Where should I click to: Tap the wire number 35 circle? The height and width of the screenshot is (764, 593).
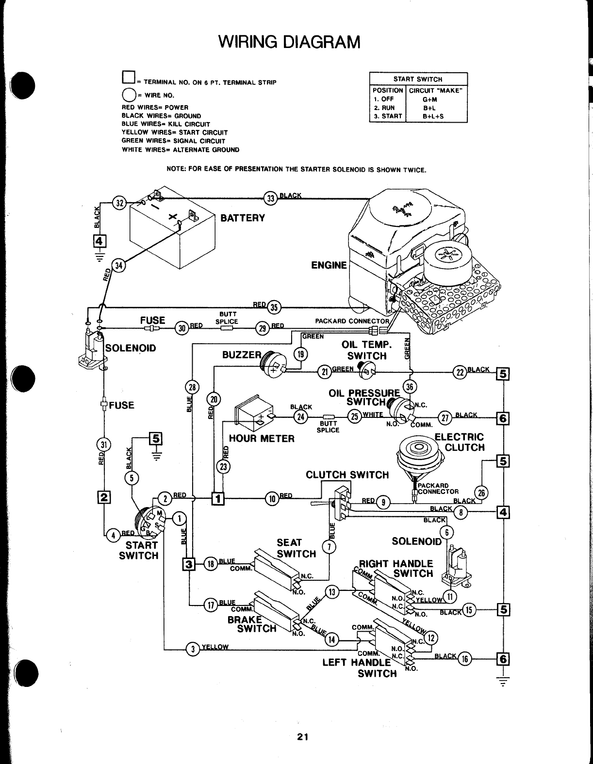pyautogui.click(x=274, y=306)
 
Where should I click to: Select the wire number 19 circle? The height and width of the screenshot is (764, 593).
pyautogui.click(x=301, y=354)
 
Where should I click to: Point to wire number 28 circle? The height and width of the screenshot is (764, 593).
pyautogui.click(x=192, y=387)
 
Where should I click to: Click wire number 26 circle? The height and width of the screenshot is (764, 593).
pyautogui.click(x=481, y=492)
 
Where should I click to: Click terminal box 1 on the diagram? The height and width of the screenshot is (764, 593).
pyautogui.click(x=218, y=498)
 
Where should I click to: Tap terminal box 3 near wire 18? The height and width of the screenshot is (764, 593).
pyautogui.click(x=188, y=564)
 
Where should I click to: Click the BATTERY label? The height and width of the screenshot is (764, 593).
pyautogui.click(x=243, y=218)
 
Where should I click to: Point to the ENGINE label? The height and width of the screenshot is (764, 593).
pyautogui.click(x=329, y=265)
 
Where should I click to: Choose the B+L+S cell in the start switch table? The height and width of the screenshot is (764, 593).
pyautogui.click(x=433, y=116)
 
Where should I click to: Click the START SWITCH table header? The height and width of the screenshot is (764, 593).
pyautogui.click(x=418, y=79)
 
